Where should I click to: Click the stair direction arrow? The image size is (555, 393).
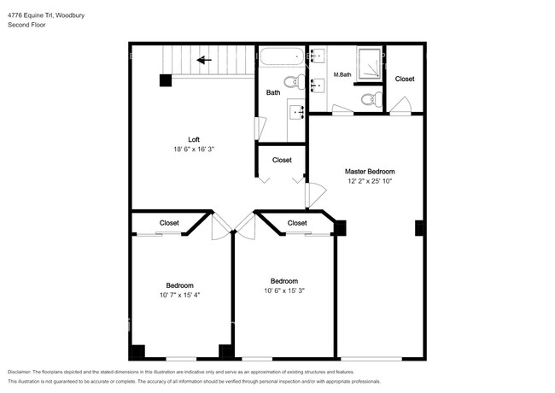point(204,60)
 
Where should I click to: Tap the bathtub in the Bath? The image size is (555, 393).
point(282,56)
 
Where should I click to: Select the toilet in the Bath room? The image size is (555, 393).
point(295,82)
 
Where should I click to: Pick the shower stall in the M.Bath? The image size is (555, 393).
point(370,64)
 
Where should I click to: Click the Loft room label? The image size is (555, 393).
point(194,139)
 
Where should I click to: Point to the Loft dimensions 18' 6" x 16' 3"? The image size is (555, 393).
point(194,149)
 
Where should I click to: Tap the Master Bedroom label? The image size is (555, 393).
point(370,172)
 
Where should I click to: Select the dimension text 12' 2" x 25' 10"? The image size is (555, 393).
point(370,181)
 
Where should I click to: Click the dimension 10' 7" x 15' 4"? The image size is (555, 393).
point(180,295)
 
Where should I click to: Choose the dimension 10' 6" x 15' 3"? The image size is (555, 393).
point(284,290)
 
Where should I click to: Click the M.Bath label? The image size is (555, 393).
point(342,74)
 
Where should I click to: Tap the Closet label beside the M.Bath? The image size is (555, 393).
point(405,79)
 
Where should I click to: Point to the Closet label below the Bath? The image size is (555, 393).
point(282,160)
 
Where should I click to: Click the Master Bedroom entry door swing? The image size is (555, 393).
point(316,195)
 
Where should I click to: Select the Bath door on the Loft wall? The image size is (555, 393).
point(260,128)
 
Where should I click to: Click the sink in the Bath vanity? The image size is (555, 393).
point(297,113)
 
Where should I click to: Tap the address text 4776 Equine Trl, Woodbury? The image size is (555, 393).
point(46,15)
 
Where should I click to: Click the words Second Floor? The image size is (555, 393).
point(26,25)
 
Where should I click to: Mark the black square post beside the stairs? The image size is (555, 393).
point(166,80)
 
